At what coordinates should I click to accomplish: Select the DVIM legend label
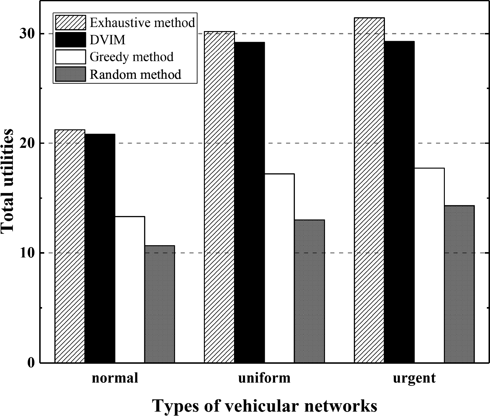click(x=107, y=40)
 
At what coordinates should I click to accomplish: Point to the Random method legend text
click(x=136, y=74)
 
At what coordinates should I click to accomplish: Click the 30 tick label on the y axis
click(x=27, y=34)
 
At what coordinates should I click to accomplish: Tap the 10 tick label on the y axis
click(x=27, y=253)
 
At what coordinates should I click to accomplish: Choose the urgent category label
click(x=414, y=378)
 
